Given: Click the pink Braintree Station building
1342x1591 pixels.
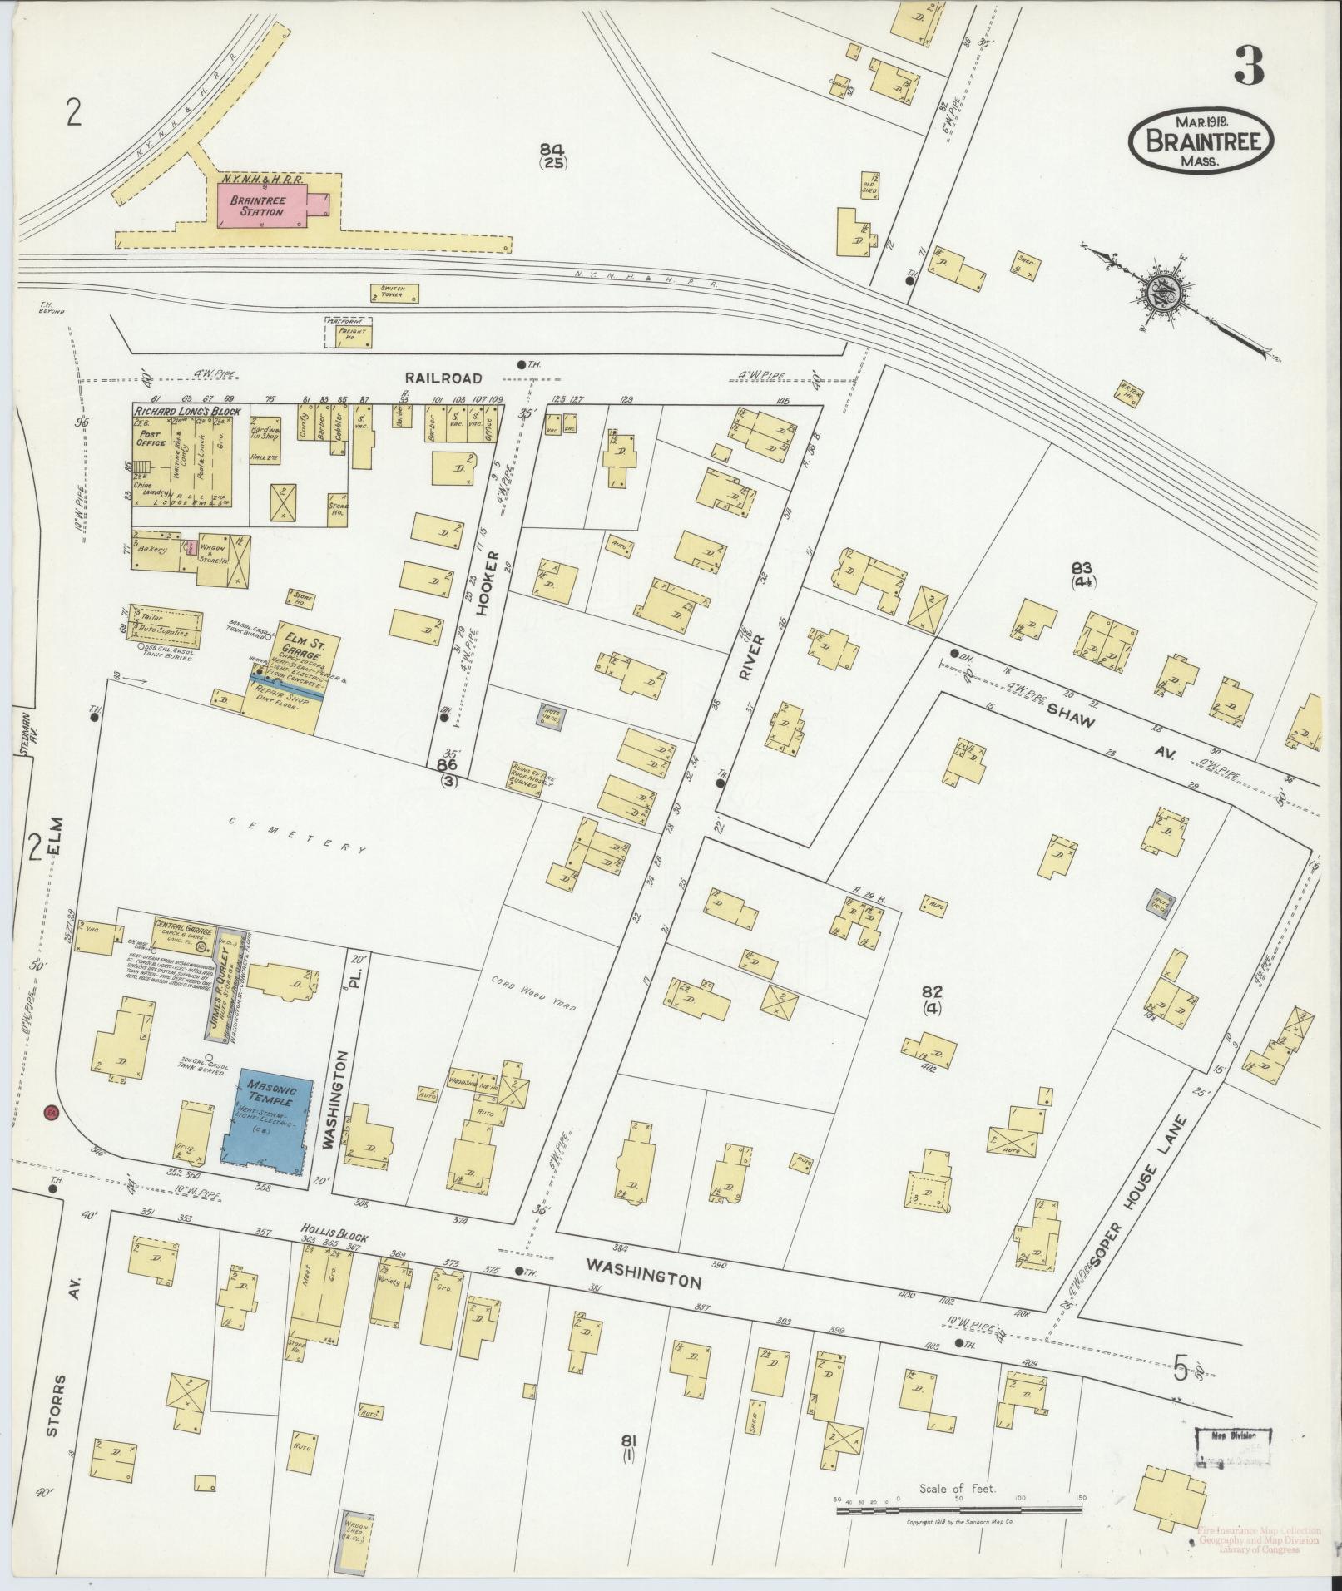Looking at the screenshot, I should pyautogui.click(x=262, y=205).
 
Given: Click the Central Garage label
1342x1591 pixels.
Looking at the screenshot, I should pyautogui.click(x=183, y=931).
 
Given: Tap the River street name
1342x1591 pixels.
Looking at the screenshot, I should pyautogui.click(x=745, y=661).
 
